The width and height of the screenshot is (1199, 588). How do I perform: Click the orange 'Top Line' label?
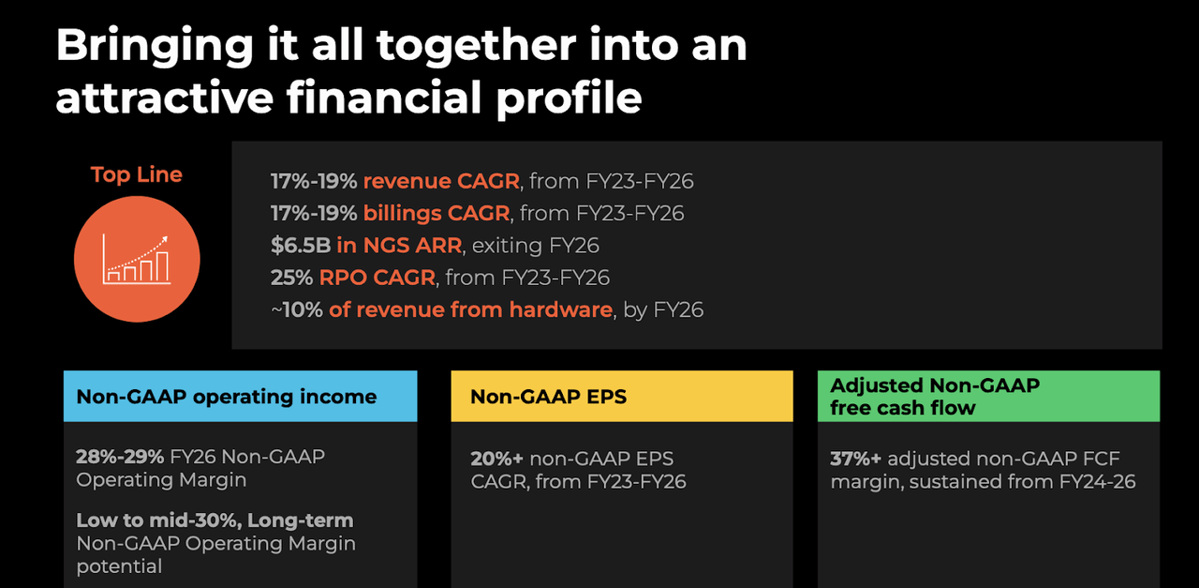point(137,174)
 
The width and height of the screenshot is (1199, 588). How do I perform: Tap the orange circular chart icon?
point(137,260)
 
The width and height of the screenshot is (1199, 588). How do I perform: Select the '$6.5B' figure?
point(300,246)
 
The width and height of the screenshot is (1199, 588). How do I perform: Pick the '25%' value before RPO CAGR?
point(291,278)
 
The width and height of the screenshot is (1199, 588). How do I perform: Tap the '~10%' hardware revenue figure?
point(297,309)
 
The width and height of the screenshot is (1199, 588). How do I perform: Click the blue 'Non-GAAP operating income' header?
point(227,397)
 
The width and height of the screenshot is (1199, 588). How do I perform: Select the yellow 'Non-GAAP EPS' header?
point(548,397)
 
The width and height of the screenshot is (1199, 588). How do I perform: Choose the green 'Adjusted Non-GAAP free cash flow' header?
point(934,397)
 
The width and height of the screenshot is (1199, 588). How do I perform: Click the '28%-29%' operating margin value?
point(120,457)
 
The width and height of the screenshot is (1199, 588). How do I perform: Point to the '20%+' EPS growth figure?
point(496,459)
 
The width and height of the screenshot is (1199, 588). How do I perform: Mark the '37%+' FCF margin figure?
point(856,459)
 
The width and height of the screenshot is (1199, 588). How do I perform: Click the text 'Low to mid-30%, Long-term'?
point(215,520)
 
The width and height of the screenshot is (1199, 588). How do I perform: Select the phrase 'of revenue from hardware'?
point(470,309)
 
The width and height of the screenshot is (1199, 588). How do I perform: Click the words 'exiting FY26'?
point(536,246)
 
